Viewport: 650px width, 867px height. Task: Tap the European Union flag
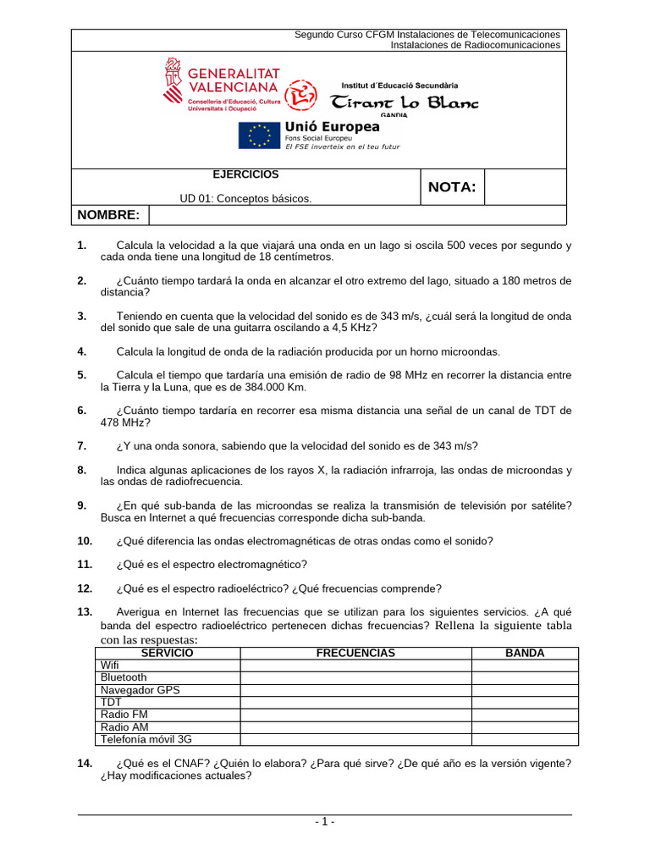[259, 135]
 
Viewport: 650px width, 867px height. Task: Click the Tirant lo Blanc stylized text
[404, 102]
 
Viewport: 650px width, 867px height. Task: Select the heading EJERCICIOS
[245, 174]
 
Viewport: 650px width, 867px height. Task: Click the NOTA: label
[452, 187]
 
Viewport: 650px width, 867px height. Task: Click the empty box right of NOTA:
[525, 187]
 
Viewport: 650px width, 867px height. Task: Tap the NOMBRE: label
[108, 215]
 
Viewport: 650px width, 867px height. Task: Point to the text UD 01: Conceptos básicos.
[245, 199]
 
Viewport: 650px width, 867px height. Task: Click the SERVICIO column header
[167, 654]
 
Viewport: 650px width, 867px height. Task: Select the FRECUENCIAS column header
[355, 654]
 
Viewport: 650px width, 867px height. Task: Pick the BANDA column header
[525, 654]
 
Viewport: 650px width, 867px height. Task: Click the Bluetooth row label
[124, 677]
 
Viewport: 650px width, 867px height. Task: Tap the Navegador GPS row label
[140, 690]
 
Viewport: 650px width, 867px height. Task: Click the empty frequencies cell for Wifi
[355, 665]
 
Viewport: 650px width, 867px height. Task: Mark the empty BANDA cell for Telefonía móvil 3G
[525, 738]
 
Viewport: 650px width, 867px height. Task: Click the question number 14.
[84, 763]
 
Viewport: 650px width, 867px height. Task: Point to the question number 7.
[81, 446]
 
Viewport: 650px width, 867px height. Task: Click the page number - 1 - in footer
[325, 822]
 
